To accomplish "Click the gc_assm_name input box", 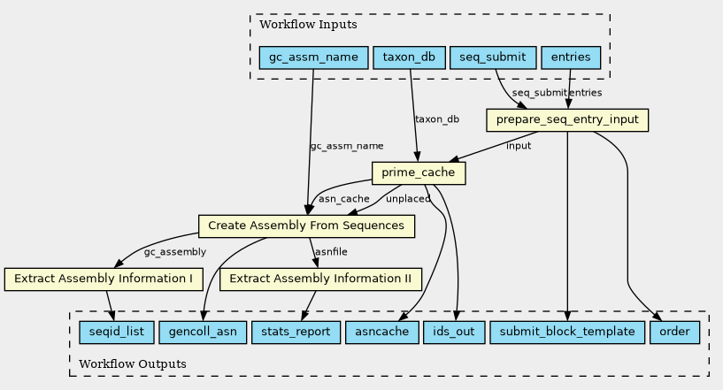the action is pyautogui.click(x=313, y=57).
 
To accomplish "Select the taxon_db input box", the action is pyautogui.click(x=409, y=57).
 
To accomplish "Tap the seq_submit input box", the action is pyautogui.click(x=493, y=57).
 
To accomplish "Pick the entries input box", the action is pyautogui.click(x=571, y=57).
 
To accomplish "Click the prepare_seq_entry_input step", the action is pyautogui.click(x=567, y=120).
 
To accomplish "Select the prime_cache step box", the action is pyautogui.click(x=419, y=173).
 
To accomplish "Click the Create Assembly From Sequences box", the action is pyautogui.click(x=306, y=226).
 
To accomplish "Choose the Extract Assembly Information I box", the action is pyautogui.click(x=104, y=279).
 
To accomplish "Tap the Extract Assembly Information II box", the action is pyautogui.click(x=320, y=279).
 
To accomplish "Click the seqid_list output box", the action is pyautogui.click(x=117, y=333).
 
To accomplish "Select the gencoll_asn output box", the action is pyautogui.click(x=203, y=333).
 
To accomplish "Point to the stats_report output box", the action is pyautogui.click(x=296, y=333).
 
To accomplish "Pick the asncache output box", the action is pyautogui.click(x=382, y=333).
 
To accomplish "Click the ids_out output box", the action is pyautogui.click(x=454, y=333).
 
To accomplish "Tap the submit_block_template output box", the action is pyautogui.click(x=567, y=333).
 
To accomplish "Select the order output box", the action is pyautogui.click(x=674, y=333).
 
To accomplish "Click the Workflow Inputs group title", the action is pyautogui.click(x=308, y=25).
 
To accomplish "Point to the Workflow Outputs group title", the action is pyautogui.click(x=133, y=364).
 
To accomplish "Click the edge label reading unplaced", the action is pyautogui.click(x=408, y=199).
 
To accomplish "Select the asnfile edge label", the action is pyautogui.click(x=331, y=252).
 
